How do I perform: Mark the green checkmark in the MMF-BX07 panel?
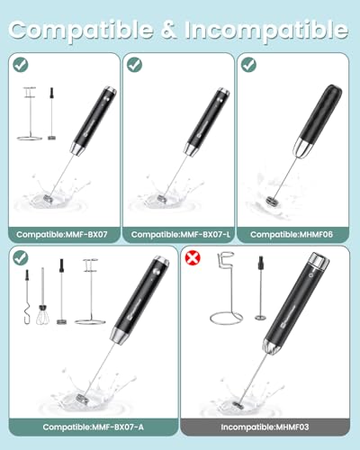21,65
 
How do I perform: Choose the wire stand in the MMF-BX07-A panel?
91,292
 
